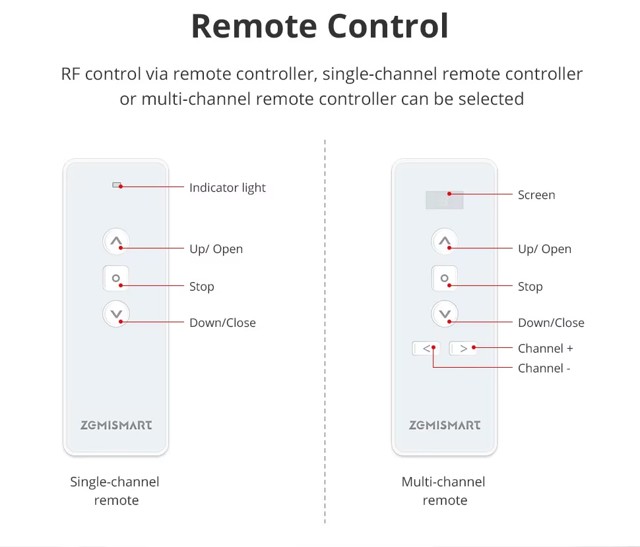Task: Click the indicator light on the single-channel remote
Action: pos(117,185)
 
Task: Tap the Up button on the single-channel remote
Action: pos(116,242)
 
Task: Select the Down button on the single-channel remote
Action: pos(116,314)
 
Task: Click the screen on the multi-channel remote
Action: pos(444,200)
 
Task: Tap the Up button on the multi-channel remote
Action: pos(445,242)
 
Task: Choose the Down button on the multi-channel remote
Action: pos(445,314)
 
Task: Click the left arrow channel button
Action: pos(426,348)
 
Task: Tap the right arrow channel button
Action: pos(463,348)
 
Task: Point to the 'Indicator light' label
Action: pos(227,188)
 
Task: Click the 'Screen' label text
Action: pos(536,195)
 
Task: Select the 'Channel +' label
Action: pos(545,349)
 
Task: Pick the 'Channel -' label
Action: pos(544,368)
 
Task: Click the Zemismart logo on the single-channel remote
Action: pos(116,425)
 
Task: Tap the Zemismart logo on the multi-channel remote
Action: pos(445,425)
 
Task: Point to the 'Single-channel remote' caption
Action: pos(115,491)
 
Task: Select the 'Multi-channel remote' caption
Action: pos(444,491)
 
